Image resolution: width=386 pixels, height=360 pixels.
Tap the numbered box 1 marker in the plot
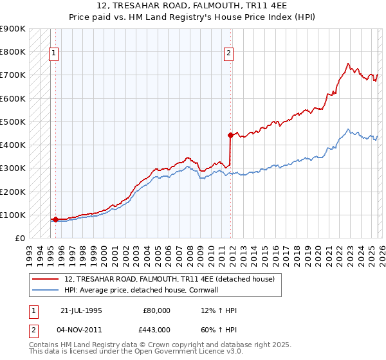tap(54, 53)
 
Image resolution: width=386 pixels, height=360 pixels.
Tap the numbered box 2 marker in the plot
tap(228, 53)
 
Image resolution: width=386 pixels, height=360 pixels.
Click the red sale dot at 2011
tap(230, 135)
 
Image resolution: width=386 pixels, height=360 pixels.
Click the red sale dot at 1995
tap(55, 219)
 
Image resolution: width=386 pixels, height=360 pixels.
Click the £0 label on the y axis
tap(20, 239)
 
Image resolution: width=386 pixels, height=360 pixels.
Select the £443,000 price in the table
tap(158, 329)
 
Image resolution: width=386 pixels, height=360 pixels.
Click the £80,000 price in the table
tap(158, 310)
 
